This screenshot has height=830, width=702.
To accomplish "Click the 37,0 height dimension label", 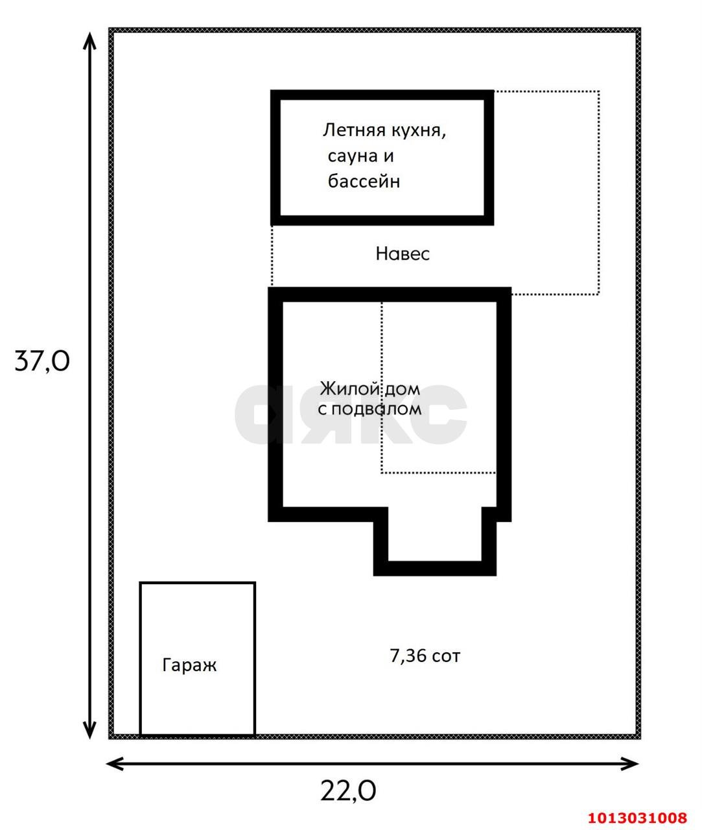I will click(41, 361).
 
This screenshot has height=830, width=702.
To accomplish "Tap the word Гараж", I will click(189, 665).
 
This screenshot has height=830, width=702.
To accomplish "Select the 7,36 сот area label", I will click(425, 656).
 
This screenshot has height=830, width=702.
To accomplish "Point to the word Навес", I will click(403, 254).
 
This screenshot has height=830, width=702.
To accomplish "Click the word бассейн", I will click(364, 181).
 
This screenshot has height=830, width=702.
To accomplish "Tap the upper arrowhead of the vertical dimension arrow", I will click(90, 40).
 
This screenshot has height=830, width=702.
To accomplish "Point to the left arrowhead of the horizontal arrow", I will click(115, 764).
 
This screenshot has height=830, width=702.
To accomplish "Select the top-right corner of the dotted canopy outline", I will click(598, 92).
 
